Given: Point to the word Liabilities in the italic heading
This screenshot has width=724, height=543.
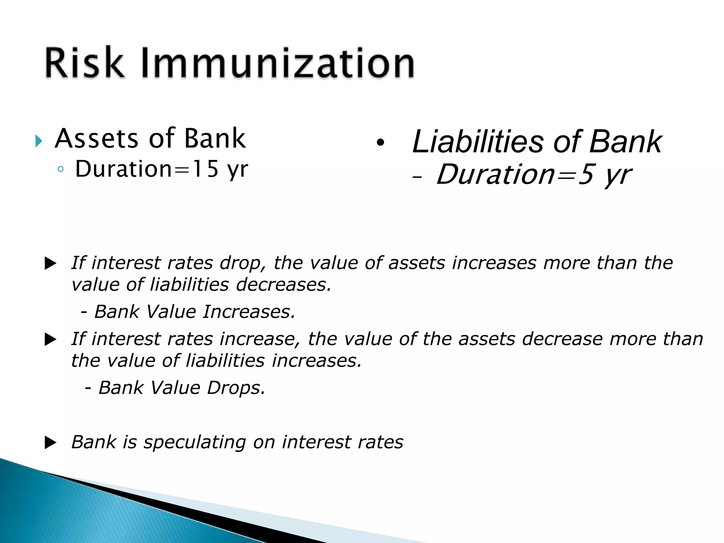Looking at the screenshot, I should tap(477, 142).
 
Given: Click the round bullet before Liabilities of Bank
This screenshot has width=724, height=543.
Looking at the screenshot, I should tap(380, 143).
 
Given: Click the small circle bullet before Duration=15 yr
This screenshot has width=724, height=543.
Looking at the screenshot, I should tap(60, 169).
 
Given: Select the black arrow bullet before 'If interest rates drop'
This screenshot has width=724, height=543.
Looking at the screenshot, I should tap(51, 264).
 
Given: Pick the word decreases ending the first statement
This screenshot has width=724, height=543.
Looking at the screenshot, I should tap(284, 285).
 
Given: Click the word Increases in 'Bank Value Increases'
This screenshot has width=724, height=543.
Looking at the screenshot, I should tap(249, 312).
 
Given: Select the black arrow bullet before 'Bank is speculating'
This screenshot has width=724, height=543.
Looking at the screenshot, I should tap(51, 443).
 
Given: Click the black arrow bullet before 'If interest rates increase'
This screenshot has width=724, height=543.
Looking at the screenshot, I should tap(51, 340).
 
